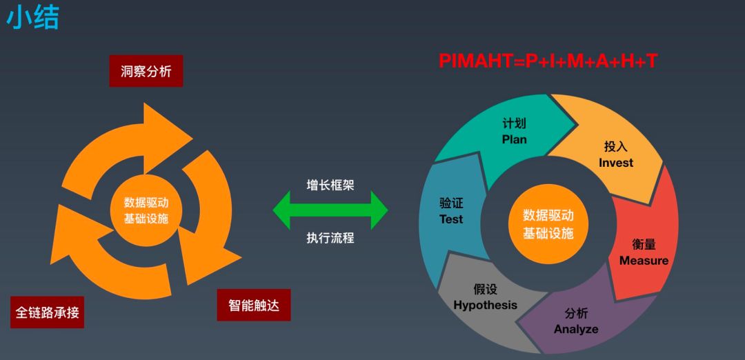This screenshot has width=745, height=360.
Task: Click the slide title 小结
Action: [x=32, y=19]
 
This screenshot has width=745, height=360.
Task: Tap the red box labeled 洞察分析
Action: [x=146, y=71]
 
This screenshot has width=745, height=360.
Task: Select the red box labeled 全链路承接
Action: [x=48, y=312]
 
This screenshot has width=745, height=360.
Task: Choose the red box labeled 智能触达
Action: [x=254, y=305]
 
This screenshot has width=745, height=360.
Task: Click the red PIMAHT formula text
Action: [x=548, y=61]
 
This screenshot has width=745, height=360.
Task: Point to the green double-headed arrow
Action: [x=330, y=211]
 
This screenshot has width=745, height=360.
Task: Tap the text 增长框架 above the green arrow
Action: [x=330, y=185]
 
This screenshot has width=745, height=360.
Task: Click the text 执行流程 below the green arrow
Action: [x=330, y=238]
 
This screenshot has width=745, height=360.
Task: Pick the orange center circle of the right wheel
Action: [x=548, y=223]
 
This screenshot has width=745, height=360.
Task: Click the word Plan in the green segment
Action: [x=514, y=139]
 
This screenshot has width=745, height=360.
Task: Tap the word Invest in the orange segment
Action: [x=616, y=163]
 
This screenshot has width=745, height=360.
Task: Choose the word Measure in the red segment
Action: [x=644, y=261]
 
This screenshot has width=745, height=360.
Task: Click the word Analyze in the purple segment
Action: [x=576, y=329]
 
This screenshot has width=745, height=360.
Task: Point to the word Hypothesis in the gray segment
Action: [x=485, y=305]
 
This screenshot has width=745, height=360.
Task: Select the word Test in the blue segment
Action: [x=451, y=219]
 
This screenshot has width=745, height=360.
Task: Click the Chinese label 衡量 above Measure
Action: [x=644, y=245]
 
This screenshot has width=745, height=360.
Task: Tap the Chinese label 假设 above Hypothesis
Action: [x=485, y=289]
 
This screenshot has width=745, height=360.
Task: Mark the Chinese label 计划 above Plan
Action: [x=514, y=123]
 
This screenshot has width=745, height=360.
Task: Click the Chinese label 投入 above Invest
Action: [x=616, y=147]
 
